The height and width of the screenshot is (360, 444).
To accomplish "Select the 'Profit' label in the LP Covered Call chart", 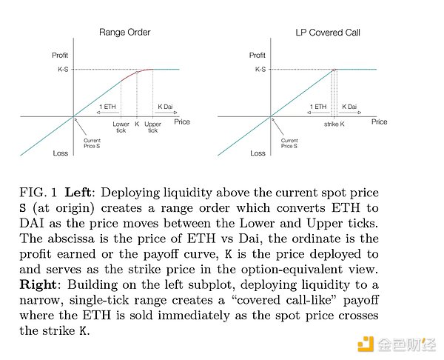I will (258, 56).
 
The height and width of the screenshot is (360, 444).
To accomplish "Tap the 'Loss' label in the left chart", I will (61, 153).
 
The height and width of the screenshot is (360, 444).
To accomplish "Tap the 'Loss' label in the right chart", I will (258, 153).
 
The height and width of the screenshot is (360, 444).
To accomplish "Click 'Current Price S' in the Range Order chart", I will (93, 144).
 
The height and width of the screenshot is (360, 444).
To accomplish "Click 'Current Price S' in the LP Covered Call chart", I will (289, 144).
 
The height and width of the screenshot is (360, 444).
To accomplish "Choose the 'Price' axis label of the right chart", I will (379, 121).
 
